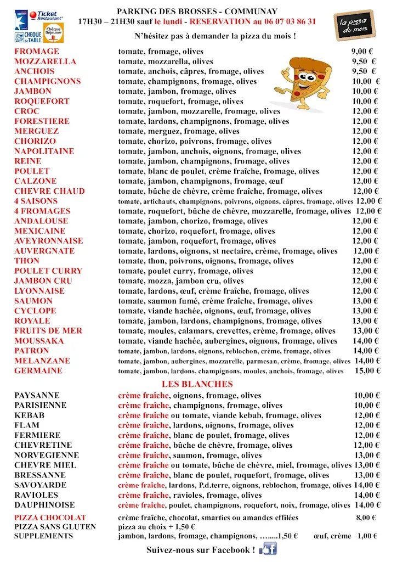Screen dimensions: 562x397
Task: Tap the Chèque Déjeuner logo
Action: pos(53,35)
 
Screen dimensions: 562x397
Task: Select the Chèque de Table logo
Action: pos(28,37)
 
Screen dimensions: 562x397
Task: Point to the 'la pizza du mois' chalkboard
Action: pos(354,25)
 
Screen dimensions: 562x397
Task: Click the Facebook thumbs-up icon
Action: pos(268,549)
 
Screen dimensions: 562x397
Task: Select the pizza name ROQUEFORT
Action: pos(42,102)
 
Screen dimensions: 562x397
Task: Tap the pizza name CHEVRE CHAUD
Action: pos(49,192)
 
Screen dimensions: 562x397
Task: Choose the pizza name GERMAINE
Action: pos(38,371)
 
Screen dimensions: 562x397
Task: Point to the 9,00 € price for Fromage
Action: pos(362,52)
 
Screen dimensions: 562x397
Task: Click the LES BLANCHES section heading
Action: pos(197,384)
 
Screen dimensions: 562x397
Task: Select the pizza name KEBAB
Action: pos(30,415)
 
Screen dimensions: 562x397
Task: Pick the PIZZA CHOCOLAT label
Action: pos(50,518)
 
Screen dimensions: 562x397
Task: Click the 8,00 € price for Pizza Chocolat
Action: pos(366,518)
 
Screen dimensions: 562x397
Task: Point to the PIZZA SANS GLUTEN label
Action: pos(55,527)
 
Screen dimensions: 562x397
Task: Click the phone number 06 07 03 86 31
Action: pos(284,21)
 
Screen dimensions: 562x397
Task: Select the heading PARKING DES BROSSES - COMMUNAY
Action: pos(197,12)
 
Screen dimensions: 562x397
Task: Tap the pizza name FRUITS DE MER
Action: pos(48,331)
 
